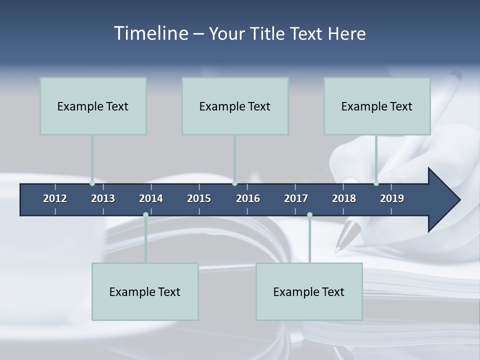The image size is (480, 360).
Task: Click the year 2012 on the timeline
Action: click(55, 198)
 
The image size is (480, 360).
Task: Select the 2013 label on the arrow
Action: click(103, 198)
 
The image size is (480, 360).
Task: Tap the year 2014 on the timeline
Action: click(151, 198)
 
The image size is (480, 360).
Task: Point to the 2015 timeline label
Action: click(199, 198)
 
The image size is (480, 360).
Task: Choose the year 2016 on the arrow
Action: click(248, 198)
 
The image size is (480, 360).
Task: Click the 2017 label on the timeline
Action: click(296, 198)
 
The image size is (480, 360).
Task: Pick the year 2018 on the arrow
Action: click(344, 198)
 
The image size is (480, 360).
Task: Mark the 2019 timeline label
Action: click(392, 198)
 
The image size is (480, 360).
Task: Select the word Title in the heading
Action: click(268, 34)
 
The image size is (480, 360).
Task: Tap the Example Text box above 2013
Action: click(93, 106)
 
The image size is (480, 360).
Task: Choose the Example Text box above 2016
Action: click(235, 106)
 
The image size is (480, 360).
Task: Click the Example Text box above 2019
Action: click(377, 106)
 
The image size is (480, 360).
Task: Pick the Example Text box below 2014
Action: click(145, 291)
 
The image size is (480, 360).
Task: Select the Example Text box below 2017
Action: click(309, 291)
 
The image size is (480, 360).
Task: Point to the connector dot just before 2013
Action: click(92, 183)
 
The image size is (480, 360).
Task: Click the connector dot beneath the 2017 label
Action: click(309, 215)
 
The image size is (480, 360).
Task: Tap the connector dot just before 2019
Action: click(376, 183)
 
